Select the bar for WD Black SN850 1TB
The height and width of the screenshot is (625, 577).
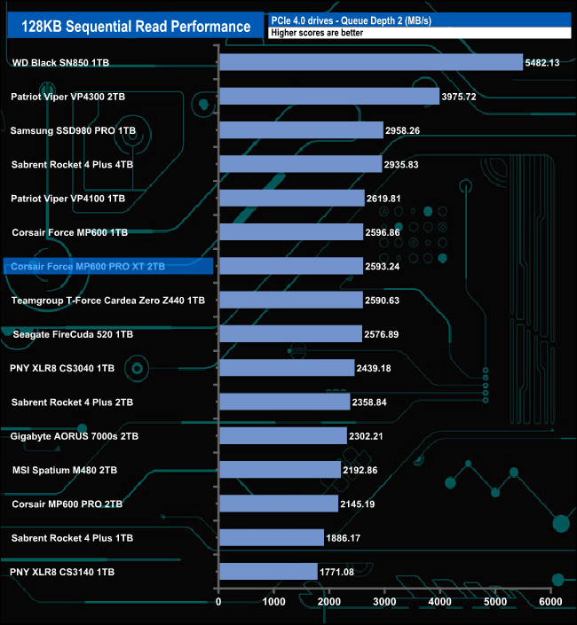click(370, 62)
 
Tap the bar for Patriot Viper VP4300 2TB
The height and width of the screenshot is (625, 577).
click(328, 96)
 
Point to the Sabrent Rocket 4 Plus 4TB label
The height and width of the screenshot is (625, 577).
click(72, 164)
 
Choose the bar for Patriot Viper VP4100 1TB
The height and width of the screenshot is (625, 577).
click(291, 198)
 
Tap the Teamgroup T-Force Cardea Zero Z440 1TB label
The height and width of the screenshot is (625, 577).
click(107, 301)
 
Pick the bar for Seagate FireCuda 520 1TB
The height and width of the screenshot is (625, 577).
click(290, 334)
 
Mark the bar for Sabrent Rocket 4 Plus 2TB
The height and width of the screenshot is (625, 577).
click(284, 402)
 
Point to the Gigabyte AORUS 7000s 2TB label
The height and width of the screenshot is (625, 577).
click(75, 436)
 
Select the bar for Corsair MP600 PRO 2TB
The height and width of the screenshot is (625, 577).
click(278, 504)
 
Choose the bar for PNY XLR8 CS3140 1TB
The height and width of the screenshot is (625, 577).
click(268, 572)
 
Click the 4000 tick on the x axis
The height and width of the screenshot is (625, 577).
click(440, 602)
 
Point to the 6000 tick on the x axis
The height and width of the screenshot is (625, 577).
click(550, 602)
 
